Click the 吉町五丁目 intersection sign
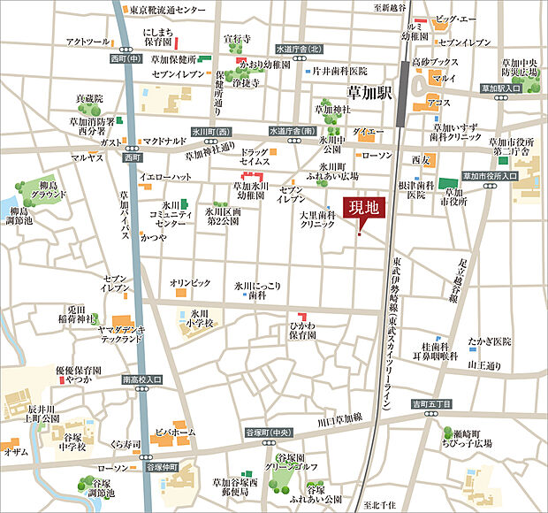pos(430,404)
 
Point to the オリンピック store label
pos(190,283)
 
